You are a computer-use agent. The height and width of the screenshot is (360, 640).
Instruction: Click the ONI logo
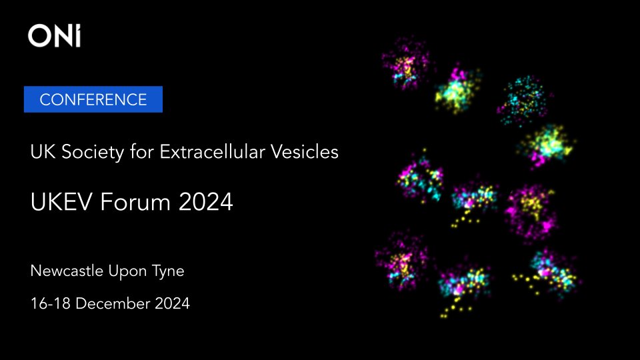(x=55, y=36)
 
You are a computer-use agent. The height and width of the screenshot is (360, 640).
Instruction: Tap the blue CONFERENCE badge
(x=93, y=100)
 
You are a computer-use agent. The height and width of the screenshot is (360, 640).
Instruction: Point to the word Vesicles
(x=307, y=153)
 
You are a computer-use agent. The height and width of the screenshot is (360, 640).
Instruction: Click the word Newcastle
(x=66, y=271)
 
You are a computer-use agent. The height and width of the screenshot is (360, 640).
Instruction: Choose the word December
(x=109, y=304)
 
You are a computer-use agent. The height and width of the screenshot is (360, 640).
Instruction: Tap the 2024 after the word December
(x=171, y=304)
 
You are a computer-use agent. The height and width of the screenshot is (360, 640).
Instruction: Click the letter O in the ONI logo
(x=39, y=36)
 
